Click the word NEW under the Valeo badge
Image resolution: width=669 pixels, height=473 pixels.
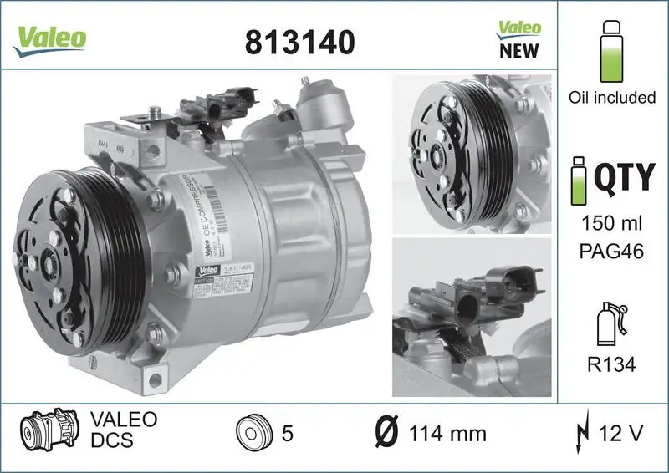[x=519, y=50]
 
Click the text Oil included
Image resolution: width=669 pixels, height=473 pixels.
[x=611, y=98]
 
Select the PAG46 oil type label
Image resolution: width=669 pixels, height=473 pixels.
[x=611, y=251]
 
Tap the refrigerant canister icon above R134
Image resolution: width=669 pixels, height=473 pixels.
[x=610, y=323]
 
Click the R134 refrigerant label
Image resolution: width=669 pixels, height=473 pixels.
[x=611, y=364]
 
